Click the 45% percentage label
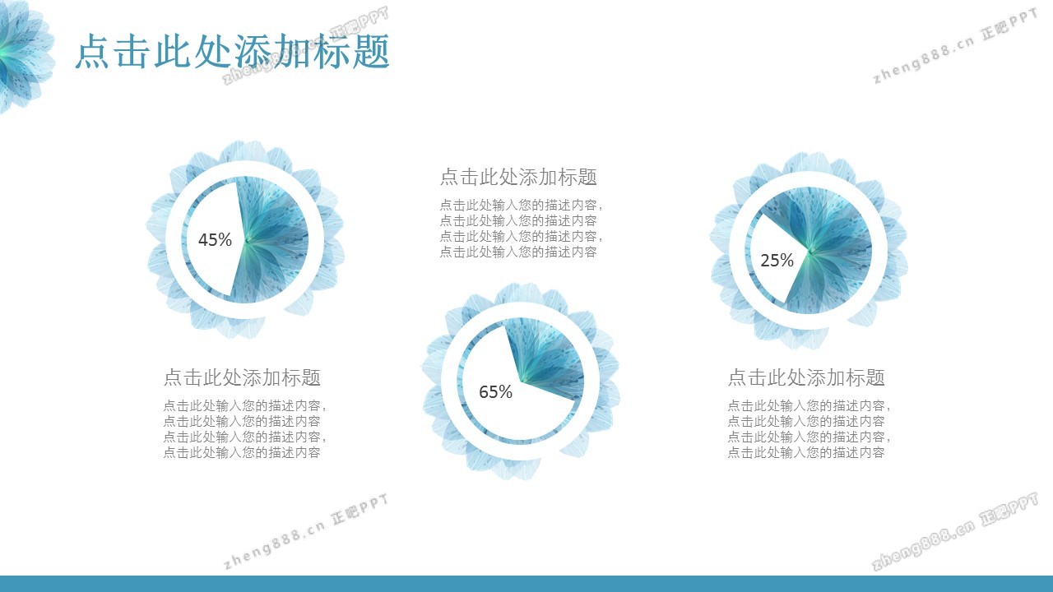point(215,239)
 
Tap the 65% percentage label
point(495,392)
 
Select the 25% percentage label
point(777,261)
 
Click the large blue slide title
point(232,51)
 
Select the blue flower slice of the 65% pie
point(550,357)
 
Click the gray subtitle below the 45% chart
point(242,377)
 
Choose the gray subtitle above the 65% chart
point(518,177)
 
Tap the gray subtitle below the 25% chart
point(806,377)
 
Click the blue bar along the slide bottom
point(526,584)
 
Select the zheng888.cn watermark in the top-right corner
point(954,46)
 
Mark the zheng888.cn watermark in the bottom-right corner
point(954,531)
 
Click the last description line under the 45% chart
point(242,452)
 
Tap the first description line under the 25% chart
point(809,405)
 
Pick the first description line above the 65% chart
point(521,206)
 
